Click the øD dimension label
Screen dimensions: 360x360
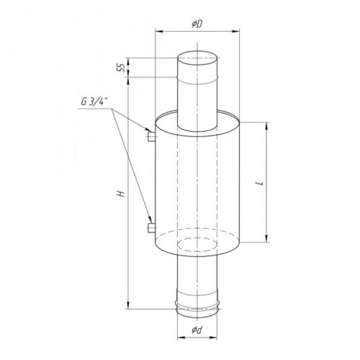(x=197, y=24)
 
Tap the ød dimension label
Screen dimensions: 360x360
(x=197, y=330)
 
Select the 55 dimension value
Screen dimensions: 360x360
(x=121, y=68)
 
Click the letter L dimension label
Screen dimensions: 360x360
(x=260, y=183)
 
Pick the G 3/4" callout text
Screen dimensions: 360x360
(x=94, y=102)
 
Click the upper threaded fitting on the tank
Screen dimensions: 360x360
(x=151, y=137)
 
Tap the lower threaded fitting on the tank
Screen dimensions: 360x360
(x=151, y=228)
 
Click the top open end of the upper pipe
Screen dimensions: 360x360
(x=197, y=58)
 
